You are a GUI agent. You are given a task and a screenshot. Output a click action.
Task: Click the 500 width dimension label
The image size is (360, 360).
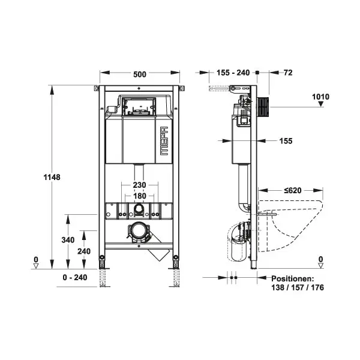point(140,74)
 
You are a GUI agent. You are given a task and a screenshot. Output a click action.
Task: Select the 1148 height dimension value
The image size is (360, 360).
point(52,177)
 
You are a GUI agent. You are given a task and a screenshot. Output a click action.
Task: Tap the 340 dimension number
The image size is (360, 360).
point(68,240)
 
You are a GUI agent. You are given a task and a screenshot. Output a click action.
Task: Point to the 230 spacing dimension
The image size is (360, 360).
point(139,185)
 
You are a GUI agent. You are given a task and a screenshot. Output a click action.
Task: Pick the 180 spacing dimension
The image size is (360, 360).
point(139,196)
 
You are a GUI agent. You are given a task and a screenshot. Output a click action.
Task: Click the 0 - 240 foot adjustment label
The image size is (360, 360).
point(75,277)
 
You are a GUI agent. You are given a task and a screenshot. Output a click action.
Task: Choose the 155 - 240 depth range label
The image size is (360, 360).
point(233,73)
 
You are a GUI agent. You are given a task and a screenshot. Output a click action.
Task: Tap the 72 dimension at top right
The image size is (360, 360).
point(288,73)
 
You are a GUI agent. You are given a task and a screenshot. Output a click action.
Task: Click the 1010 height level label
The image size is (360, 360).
point(320,97)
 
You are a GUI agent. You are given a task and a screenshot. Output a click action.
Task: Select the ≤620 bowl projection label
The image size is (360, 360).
point(293,190)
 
